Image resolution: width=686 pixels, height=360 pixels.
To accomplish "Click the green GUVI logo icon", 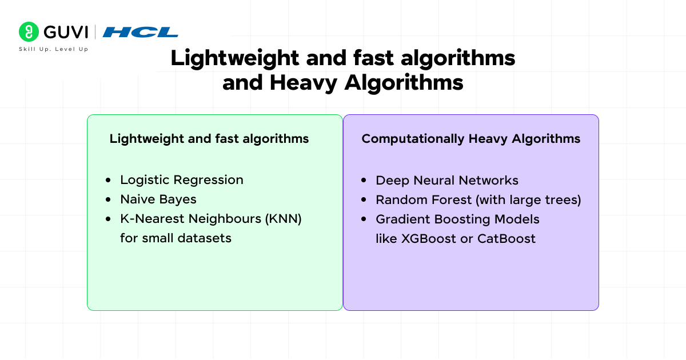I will pyautogui.click(x=28, y=32).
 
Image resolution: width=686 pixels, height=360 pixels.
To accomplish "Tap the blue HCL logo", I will pyautogui.click(x=141, y=32).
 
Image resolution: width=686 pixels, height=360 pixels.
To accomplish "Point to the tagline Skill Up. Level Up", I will pyautogui.click(x=54, y=49).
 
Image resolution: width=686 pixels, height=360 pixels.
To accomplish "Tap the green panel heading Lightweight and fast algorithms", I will pyautogui.click(x=209, y=139).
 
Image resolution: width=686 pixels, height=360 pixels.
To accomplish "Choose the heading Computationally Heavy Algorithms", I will pyautogui.click(x=471, y=139).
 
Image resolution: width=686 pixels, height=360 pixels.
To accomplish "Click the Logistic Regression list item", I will pyautogui.click(x=182, y=180).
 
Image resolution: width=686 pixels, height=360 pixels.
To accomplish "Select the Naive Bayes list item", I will pyautogui.click(x=158, y=199).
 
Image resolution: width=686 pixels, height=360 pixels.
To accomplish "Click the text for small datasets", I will pyautogui.click(x=176, y=238).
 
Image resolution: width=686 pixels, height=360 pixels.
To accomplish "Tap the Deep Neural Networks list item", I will pyautogui.click(x=447, y=181).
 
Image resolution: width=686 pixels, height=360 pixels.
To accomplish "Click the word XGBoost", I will pyautogui.click(x=425, y=239).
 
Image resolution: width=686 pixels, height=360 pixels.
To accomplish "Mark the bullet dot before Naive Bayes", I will pyautogui.click(x=109, y=199).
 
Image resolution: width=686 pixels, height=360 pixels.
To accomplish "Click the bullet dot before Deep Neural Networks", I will pyautogui.click(x=364, y=181).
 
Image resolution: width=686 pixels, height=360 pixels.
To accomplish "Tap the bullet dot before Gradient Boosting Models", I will pyautogui.click(x=364, y=219).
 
